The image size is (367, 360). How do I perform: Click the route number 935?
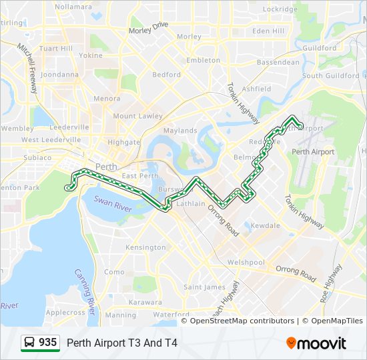click(x=47, y=342)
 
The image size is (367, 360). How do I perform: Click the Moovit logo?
click(x=316, y=343)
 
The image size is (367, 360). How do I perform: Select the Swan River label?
click(x=111, y=201)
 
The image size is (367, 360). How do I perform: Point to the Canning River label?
click(x=87, y=286)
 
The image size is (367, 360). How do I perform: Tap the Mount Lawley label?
click(x=137, y=116)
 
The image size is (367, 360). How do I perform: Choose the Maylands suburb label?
click(x=180, y=131)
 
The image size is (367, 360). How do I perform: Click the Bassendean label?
click(x=278, y=62)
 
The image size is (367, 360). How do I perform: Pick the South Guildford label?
click(x=330, y=76)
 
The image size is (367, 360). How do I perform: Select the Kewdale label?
click(x=265, y=226)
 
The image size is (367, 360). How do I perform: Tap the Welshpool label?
click(x=246, y=263)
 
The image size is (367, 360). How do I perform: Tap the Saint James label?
click(x=204, y=287)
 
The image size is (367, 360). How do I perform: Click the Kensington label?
click(x=145, y=247)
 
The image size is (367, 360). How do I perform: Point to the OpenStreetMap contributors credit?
click(x=242, y=321)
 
